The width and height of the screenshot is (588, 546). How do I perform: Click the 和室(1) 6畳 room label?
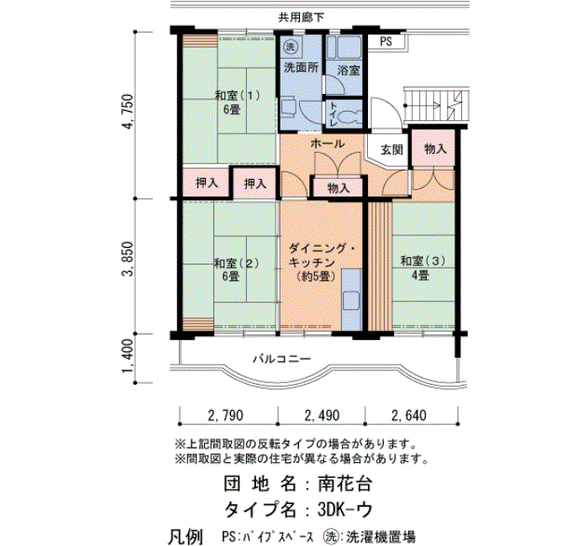point(237,102)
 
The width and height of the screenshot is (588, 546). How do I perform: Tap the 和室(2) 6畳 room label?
point(236,270)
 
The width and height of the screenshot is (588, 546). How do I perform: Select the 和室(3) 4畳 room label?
point(423,268)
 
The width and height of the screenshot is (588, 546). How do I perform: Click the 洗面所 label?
point(301,67)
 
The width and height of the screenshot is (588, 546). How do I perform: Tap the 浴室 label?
point(349,70)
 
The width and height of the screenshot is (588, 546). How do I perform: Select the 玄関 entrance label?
point(391,150)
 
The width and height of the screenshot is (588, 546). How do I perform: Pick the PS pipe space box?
point(386,41)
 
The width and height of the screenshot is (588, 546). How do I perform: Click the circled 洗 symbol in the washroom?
point(290,46)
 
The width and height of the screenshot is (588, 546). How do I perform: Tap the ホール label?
point(327,144)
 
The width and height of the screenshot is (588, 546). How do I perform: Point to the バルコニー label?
point(281,359)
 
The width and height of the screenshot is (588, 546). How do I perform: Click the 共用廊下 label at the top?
point(301,18)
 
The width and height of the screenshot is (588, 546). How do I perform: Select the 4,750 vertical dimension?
point(127,112)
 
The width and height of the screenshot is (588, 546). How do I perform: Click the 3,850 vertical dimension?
point(127,259)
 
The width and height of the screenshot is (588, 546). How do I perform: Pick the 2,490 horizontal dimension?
point(322,415)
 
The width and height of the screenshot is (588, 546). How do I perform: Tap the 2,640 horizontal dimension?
point(409,415)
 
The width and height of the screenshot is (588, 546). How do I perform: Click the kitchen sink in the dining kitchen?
point(351,301)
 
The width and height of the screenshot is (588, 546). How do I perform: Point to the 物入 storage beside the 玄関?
point(435,149)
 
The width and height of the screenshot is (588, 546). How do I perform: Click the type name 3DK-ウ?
point(345,510)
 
